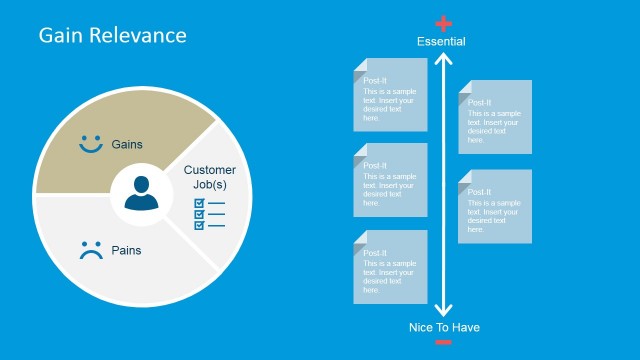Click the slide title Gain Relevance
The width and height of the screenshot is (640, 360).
coord(112,35)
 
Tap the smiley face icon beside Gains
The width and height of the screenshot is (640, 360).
coord(92,144)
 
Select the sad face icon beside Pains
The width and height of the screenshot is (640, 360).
coord(92,250)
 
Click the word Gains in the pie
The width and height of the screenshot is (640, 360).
coord(127,144)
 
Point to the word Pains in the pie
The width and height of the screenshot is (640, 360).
coord(125,250)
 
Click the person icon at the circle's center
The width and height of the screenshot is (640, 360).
coord(142,192)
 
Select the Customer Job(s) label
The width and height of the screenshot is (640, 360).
coord(211,177)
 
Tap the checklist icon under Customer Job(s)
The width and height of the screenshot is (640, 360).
coord(209,214)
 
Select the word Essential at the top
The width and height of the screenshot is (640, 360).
coord(441,41)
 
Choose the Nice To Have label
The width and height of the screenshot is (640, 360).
coord(444,327)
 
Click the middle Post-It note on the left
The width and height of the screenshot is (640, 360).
coord(390,180)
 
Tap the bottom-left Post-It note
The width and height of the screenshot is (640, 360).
coord(390,267)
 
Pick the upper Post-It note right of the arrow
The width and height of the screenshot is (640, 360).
coord(495,117)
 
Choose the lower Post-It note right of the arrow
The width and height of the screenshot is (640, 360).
coord(495,206)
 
